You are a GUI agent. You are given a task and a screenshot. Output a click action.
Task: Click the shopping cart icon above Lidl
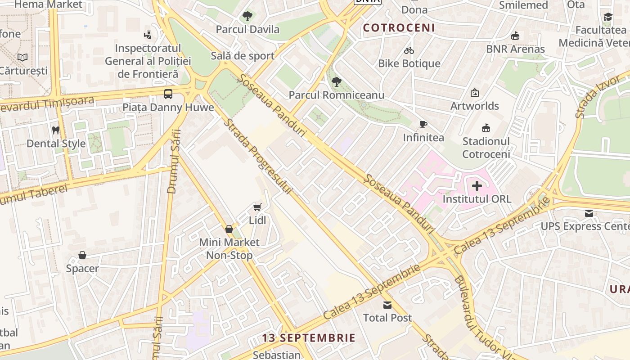point(257,207)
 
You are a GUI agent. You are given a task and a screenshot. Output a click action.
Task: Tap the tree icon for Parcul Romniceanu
point(336,82)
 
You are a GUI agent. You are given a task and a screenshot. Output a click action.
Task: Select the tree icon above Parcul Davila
point(247,17)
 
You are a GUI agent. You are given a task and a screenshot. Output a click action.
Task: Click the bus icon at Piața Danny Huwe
point(168,94)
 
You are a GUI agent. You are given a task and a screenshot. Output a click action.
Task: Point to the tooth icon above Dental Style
point(56,130)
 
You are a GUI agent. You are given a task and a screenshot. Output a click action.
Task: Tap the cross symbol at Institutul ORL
point(477,185)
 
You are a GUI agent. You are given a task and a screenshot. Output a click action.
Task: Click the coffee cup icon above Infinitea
point(423,125)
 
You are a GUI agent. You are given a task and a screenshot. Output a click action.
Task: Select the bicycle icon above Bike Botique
point(409,50)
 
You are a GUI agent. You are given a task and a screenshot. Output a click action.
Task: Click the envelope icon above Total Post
point(387,305)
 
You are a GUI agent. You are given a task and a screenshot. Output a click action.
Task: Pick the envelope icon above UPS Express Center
point(589,213)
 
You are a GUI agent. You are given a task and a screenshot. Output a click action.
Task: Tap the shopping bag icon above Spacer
point(82,256)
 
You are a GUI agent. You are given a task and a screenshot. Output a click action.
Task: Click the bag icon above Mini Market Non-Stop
point(229,229)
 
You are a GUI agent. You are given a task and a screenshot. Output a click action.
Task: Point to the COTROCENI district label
point(399,28)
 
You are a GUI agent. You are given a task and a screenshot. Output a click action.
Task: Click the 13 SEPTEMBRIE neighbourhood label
point(309,337)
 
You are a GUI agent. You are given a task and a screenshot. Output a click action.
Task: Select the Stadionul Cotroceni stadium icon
point(486,128)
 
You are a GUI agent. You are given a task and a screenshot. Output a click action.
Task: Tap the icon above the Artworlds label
point(474,93)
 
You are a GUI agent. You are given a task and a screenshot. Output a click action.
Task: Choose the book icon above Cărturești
point(22,57)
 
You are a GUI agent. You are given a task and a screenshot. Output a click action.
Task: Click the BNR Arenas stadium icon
point(515,36)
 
